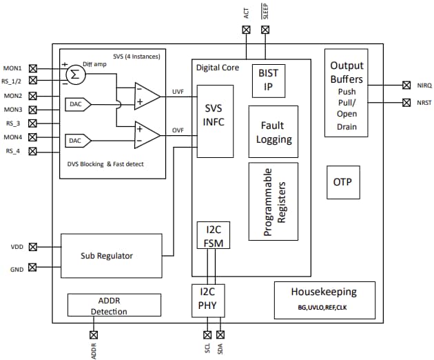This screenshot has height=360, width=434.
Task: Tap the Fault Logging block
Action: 273,132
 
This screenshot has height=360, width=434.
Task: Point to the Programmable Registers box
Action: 273,201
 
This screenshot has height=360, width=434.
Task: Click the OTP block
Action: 342,182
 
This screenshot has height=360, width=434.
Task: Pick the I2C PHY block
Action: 208,298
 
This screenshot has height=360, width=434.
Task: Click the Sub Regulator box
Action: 112,255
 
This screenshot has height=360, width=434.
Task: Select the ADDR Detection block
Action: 114,306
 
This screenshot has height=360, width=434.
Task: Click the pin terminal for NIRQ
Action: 406,86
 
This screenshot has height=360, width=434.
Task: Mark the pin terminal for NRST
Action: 406,103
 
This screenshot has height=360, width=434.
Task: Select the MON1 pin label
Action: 13,68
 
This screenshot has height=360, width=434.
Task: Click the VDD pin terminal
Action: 33,246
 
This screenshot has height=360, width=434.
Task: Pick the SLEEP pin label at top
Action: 266,12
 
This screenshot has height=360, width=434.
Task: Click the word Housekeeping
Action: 324,291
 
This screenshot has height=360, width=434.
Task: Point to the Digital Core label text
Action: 218,68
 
